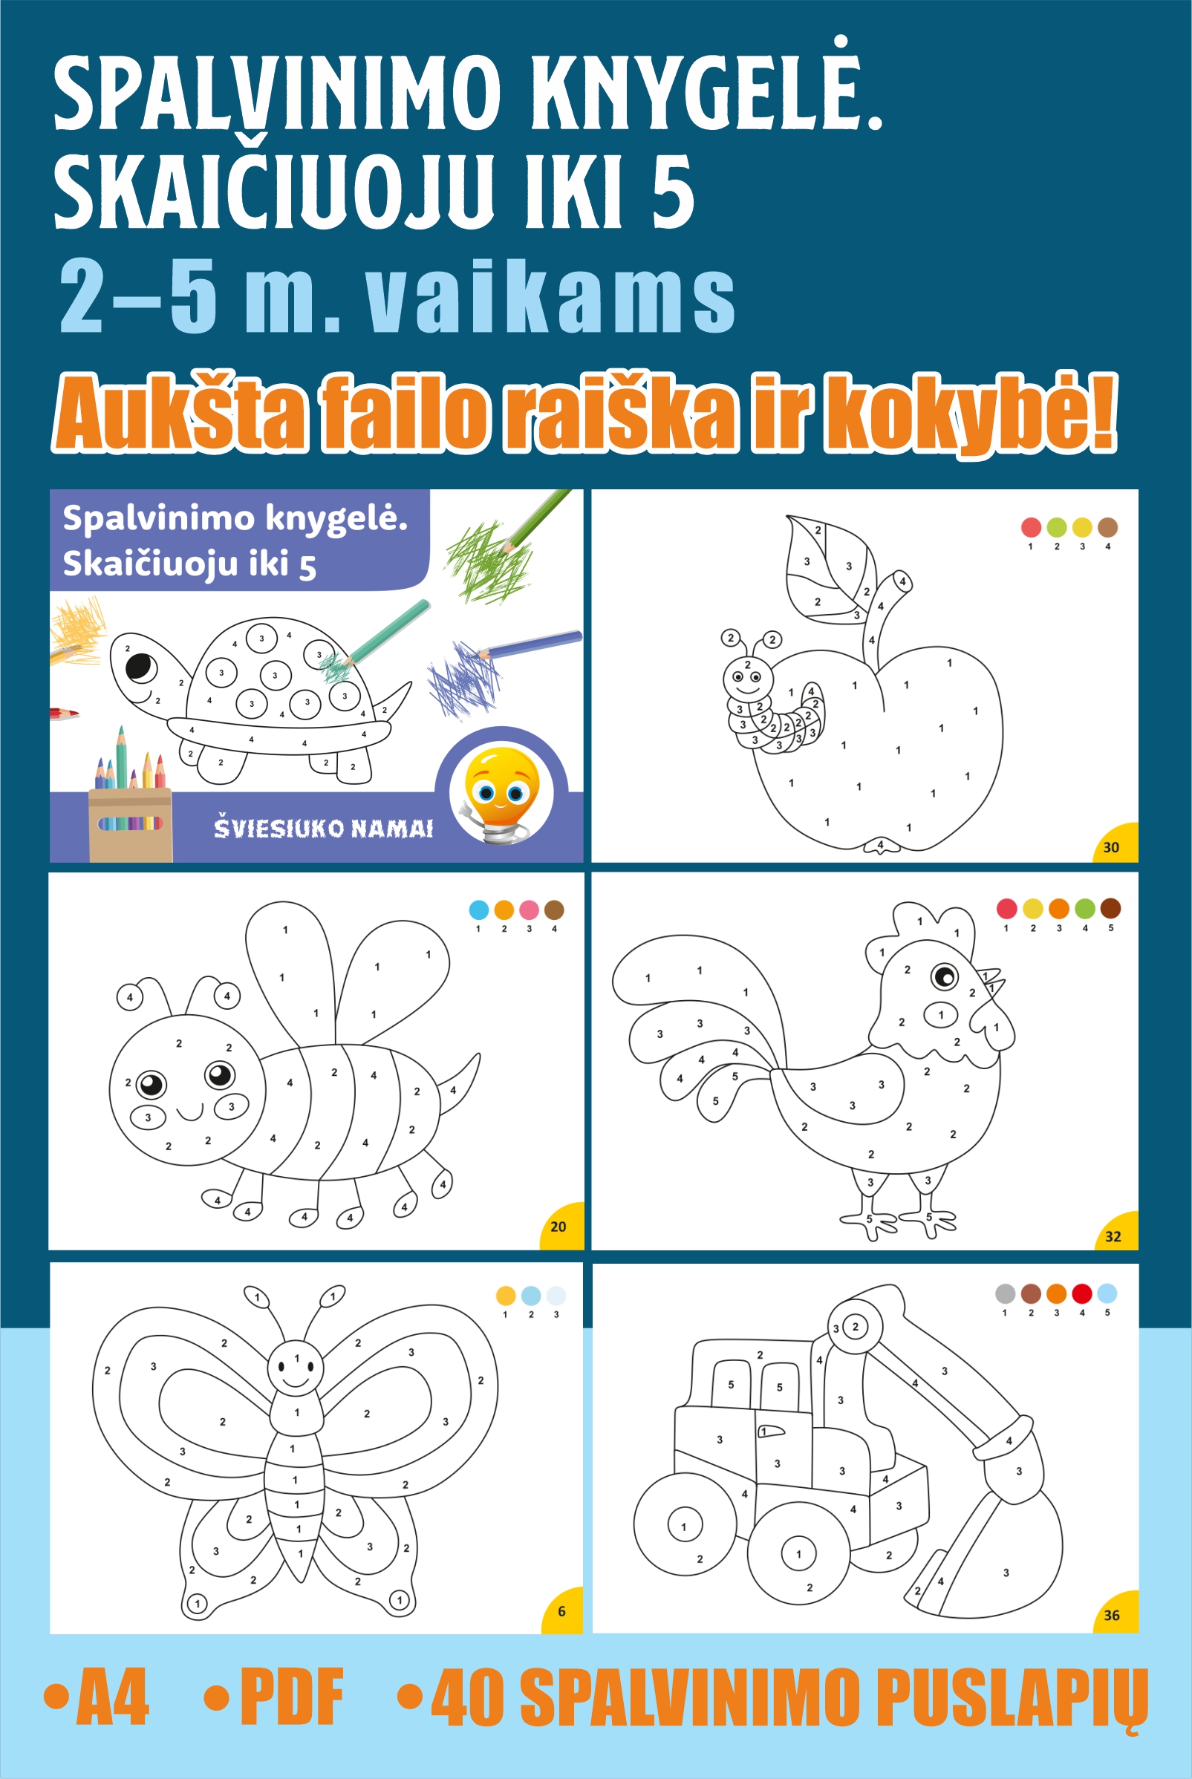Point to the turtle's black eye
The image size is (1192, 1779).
point(140,667)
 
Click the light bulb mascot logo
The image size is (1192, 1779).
point(502,794)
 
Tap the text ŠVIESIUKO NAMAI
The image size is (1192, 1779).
point(323,828)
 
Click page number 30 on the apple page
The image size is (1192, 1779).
point(1110,847)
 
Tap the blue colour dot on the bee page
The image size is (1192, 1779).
point(479,910)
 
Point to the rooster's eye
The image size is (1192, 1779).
point(945,976)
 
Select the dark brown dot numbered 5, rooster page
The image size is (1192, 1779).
point(1110,908)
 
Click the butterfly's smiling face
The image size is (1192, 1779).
point(296,1368)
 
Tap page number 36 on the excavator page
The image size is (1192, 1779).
point(1111,1616)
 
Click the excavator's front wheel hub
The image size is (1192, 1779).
point(798,1554)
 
